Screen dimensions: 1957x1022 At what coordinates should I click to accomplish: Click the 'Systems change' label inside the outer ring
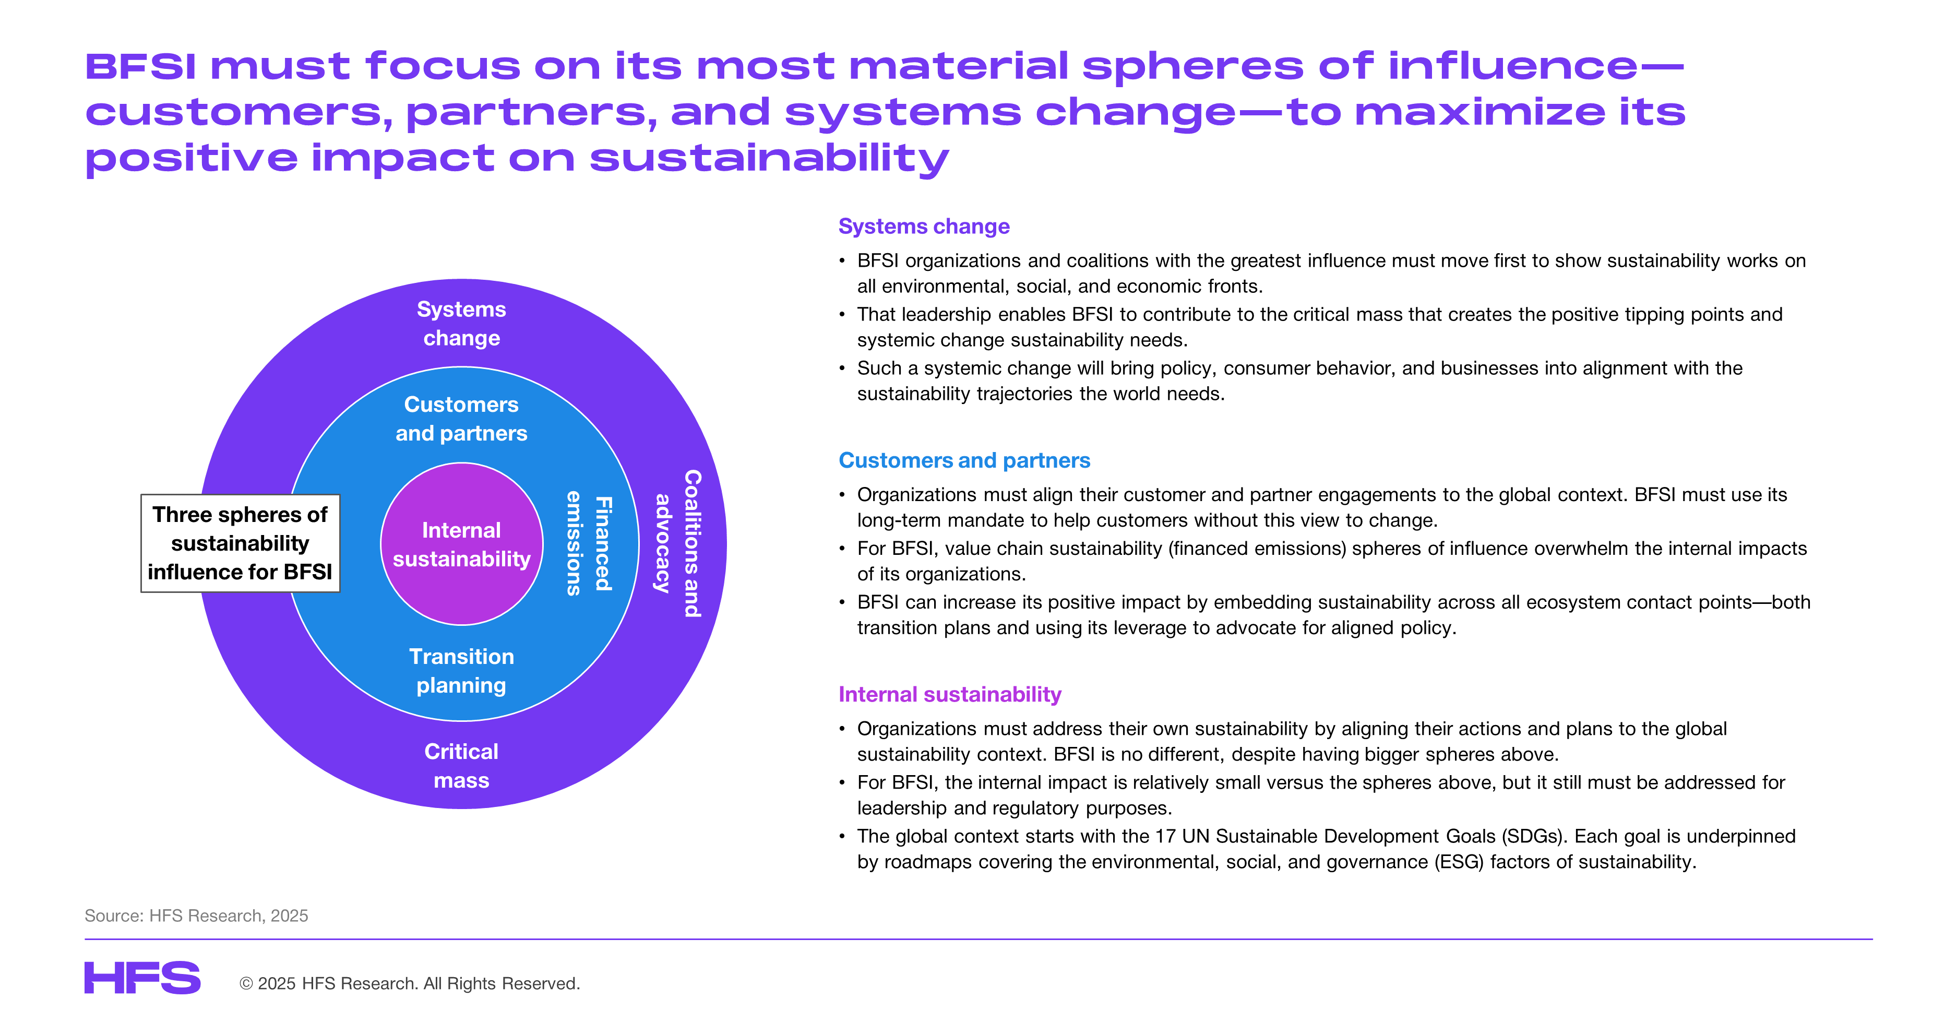[461, 324]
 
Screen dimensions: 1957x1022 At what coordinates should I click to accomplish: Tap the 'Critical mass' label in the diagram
[461, 766]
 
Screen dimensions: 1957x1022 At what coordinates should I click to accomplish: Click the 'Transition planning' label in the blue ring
[461, 671]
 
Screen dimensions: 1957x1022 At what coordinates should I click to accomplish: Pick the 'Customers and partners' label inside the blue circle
[461, 419]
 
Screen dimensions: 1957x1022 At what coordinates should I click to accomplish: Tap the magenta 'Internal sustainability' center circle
[461, 544]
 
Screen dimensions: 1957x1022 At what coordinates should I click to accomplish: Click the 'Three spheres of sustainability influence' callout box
[240, 543]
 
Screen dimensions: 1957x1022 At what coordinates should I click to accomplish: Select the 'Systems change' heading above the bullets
[924, 227]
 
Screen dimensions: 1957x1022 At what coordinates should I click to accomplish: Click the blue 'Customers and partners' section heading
[964, 460]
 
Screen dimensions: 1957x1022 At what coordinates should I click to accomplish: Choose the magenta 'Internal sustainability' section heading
[950, 695]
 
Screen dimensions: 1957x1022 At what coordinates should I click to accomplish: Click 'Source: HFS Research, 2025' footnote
[196, 916]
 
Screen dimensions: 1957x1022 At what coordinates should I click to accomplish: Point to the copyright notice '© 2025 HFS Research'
[410, 983]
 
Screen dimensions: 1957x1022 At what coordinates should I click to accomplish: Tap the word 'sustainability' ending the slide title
[769, 159]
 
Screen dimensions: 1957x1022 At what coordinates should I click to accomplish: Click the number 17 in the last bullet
[1165, 837]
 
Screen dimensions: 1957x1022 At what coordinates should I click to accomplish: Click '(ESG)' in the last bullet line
[1459, 862]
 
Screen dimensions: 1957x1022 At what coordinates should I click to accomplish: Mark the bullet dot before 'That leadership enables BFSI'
[842, 314]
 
